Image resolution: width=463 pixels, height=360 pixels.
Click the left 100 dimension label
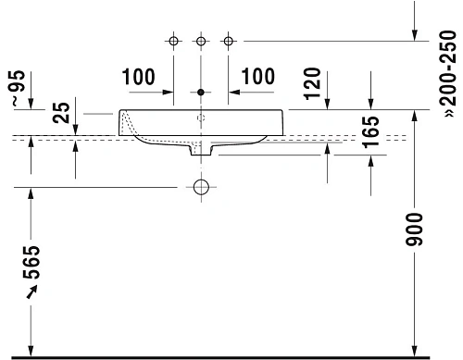[137, 77]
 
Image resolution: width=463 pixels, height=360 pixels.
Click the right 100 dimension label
[258, 77]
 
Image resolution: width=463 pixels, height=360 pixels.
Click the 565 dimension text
[32, 265]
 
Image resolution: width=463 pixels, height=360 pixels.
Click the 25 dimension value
[61, 113]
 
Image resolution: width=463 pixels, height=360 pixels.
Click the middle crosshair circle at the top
[201, 41]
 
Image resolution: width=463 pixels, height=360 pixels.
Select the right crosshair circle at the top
[228, 41]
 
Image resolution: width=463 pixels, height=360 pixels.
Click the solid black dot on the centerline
[201, 93]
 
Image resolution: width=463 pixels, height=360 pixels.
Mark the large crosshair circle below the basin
[201, 187]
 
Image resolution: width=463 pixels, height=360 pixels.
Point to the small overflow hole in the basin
[201, 119]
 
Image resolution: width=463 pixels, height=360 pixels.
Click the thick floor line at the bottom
[231, 356]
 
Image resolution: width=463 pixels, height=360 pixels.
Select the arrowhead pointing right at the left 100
[169, 93]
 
